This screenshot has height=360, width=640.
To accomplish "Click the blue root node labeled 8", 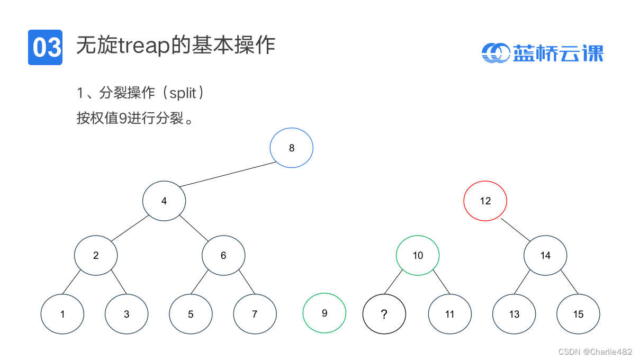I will point(291,148).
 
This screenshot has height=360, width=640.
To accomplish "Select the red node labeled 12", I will point(485,201).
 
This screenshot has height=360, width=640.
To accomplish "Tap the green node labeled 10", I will point(418,255).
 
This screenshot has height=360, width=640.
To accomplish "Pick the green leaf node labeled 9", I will point(324,313).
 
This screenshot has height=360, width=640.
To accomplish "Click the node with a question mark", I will point(384,314).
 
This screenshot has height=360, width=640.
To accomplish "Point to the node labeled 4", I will point(164,201).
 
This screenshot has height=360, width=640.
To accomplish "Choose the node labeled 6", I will point(223,255).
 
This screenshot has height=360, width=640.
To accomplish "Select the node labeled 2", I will point(96,255).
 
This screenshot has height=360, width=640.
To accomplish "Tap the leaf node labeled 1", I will point(62,314).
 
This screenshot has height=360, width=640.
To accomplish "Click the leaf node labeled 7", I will point(255,314).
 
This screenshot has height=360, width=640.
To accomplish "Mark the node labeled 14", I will point(545,255).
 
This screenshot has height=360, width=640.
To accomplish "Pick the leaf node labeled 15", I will point(578,314).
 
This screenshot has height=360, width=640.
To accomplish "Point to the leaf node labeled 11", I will point(449,314).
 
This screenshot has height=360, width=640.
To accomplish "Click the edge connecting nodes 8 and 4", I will point(228,174).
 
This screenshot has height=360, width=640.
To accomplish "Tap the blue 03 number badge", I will point(45,47).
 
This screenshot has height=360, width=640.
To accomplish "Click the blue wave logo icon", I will point(495,52).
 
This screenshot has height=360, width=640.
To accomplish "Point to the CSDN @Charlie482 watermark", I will point(595,352).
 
